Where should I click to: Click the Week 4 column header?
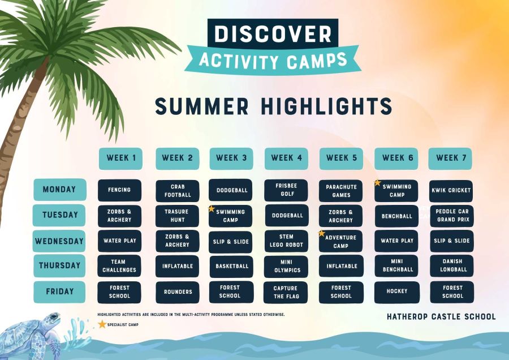(x=286, y=158)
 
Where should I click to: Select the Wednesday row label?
(x=59, y=241)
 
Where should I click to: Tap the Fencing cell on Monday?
(x=119, y=190)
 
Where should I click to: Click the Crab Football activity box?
(x=178, y=191)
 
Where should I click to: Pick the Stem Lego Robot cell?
(x=286, y=241)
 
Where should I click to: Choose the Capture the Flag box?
(x=286, y=293)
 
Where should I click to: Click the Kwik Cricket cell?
(x=451, y=191)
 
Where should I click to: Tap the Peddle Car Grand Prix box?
(x=452, y=216)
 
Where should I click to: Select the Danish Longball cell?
(x=452, y=266)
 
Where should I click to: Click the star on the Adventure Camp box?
(x=322, y=233)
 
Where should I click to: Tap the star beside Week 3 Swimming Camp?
(x=212, y=209)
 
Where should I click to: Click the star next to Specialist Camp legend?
(x=102, y=324)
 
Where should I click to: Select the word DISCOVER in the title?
(x=273, y=33)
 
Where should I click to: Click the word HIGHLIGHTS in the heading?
(x=327, y=106)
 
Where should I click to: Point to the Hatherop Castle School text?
(x=441, y=316)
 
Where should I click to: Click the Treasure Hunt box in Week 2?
(x=177, y=216)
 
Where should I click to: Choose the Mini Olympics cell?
(x=286, y=267)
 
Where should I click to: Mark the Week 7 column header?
(x=450, y=158)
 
